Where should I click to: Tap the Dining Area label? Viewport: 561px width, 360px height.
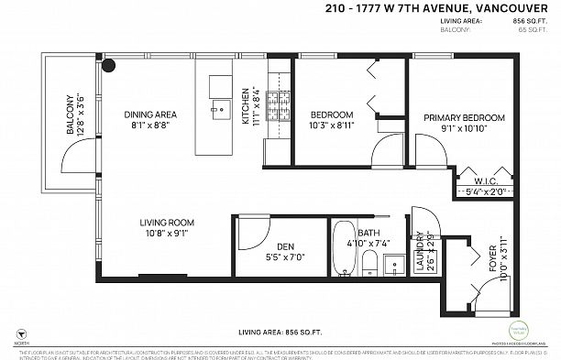(x=150, y=115)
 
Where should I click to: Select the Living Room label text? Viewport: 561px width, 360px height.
(x=165, y=223)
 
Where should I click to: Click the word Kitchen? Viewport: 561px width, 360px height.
(x=246, y=106)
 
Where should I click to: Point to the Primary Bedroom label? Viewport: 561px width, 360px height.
(x=464, y=118)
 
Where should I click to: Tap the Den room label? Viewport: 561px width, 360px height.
(x=285, y=245)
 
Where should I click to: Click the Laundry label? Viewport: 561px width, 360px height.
(x=421, y=253)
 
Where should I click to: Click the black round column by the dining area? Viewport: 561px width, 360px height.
(x=109, y=66)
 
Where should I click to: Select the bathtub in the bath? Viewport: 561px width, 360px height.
(x=345, y=248)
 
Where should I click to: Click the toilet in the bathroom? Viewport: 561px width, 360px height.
(x=368, y=265)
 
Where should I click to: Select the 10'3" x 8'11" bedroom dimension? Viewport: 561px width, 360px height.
(x=333, y=125)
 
